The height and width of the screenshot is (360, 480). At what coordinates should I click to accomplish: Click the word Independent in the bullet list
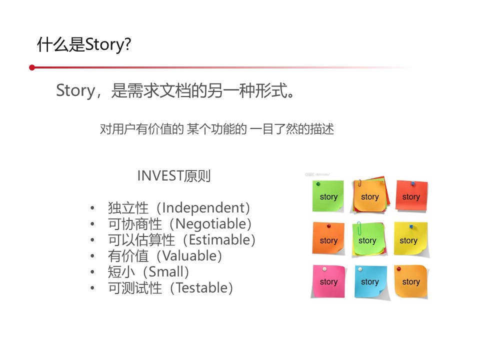point(203,208)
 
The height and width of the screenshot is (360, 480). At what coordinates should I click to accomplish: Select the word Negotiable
point(210,224)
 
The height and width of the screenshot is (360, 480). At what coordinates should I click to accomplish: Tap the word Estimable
point(219,239)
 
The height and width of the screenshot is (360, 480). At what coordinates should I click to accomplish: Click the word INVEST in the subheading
point(160,176)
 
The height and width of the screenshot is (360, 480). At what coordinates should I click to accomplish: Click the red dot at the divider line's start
point(32,67)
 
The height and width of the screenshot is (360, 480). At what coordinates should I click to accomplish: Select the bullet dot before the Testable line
point(92,288)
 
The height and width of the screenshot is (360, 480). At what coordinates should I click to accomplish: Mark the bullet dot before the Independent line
point(92,208)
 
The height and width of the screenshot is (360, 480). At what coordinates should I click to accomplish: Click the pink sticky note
point(328,281)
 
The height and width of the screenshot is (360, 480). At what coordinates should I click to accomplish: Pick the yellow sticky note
point(410,239)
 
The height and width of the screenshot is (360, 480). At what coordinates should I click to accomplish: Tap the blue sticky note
point(370,281)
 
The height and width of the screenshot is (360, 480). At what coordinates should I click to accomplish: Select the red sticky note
point(411,196)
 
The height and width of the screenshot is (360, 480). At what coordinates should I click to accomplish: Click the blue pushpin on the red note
point(413,183)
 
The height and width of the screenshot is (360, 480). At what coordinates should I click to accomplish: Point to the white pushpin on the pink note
point(324,269)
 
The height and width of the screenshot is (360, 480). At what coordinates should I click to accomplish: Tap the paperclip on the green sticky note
point(359,228)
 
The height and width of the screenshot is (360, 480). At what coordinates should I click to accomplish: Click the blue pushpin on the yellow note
point(411,227)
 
